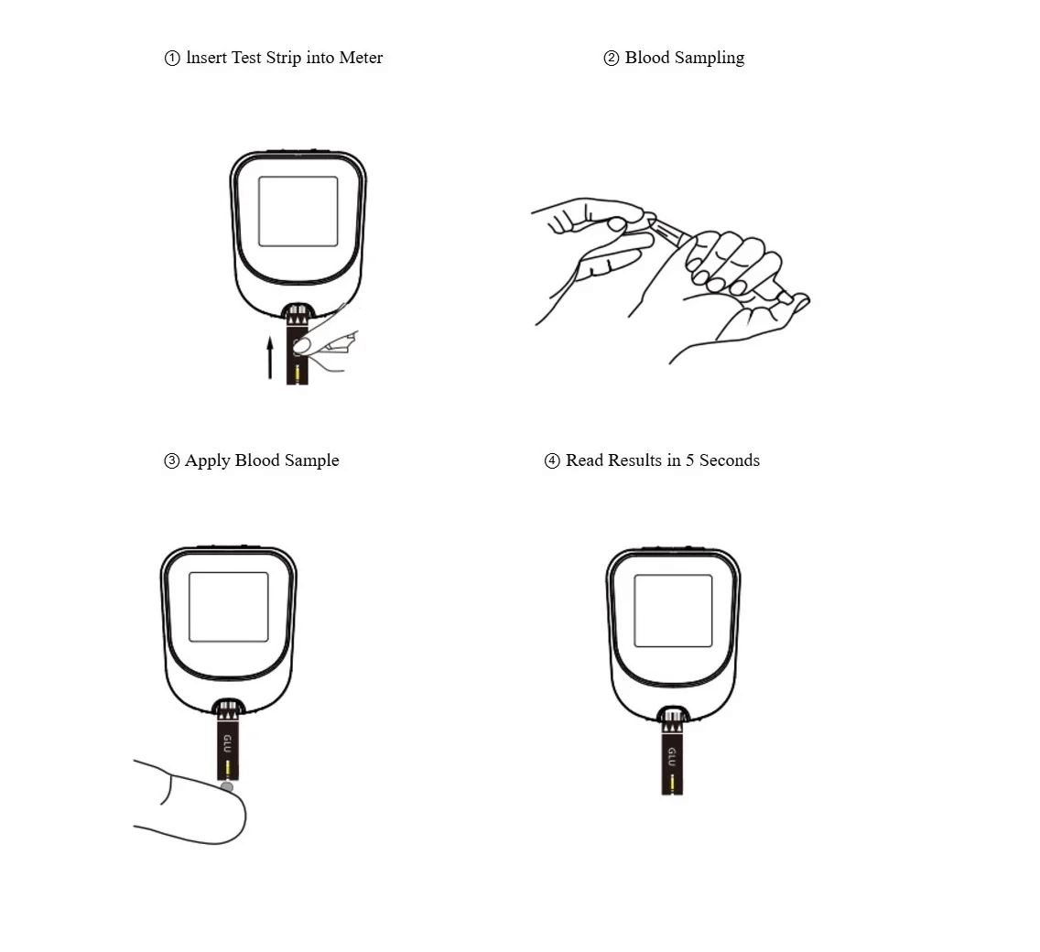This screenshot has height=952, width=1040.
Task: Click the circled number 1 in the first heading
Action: pos(172,59)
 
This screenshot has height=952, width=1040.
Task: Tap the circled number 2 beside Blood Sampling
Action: pos(611,59)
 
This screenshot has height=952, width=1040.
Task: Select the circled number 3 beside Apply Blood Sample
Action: pos(172,461)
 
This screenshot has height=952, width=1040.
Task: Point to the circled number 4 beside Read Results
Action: pos(552,461)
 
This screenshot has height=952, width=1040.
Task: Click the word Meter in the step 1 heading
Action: pos(361,58)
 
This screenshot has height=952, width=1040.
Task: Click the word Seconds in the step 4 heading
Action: pos(730,460)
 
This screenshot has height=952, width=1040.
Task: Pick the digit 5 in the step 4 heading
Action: pos(689,460)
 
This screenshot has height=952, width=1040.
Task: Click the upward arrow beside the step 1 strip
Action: pos(270,358)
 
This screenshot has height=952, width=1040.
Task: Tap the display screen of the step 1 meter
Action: pos(298,211)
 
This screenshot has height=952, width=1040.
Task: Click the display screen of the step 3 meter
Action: pos(229,607)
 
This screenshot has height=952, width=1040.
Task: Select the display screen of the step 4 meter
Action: pos(673,611)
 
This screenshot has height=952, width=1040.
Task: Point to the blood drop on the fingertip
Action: pos(227,787)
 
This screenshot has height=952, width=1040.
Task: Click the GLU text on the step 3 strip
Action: pos(227,743)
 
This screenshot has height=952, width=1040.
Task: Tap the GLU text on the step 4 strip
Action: pos(672,756)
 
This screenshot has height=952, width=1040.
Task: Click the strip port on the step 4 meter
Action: pos(673,716)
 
